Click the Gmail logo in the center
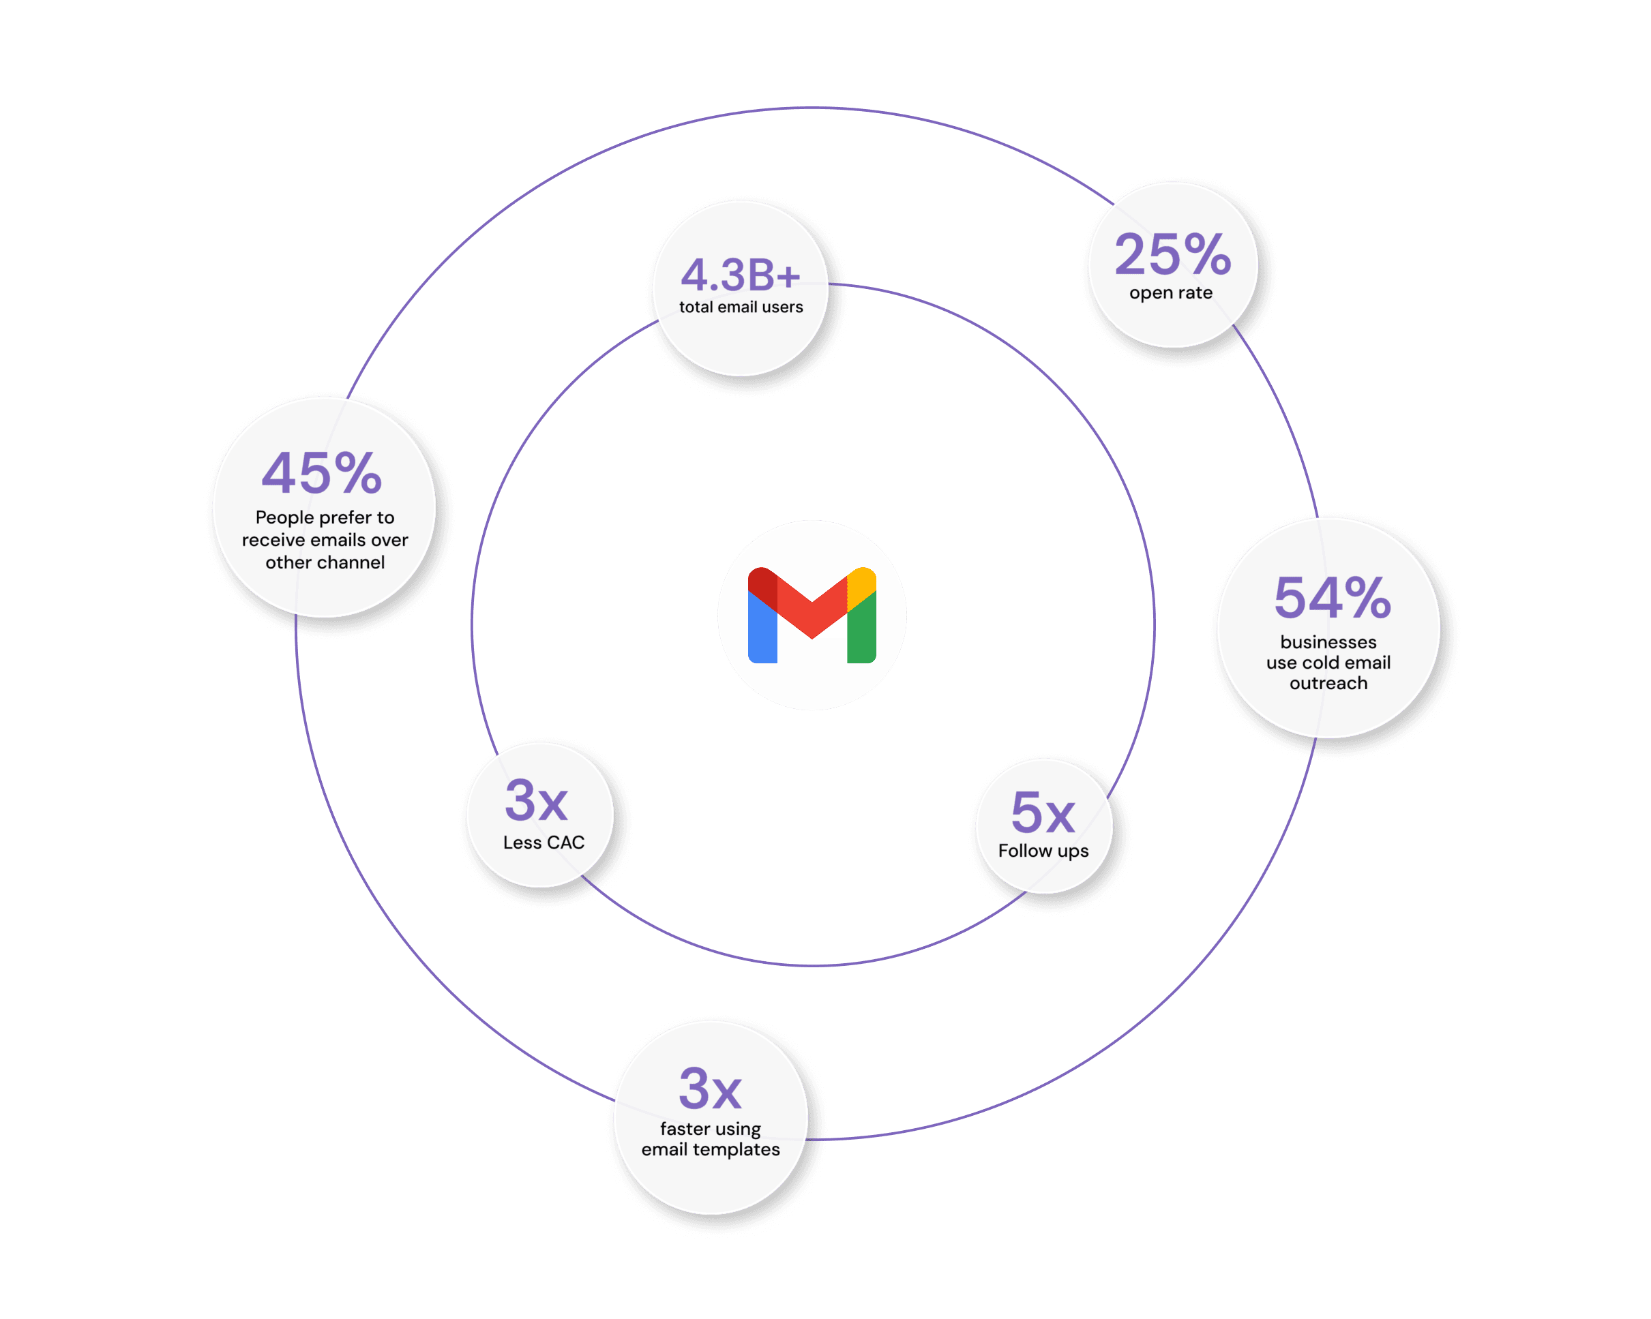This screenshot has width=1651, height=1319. click(812, 615)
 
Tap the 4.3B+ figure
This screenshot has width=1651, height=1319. click(741, 275)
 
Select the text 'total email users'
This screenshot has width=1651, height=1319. click(741, 307)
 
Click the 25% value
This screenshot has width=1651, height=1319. click(1172, 255)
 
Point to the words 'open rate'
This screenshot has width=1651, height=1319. click(1171, 292)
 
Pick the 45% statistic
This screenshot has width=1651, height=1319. click(322, 473)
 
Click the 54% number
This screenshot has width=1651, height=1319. click(1333, 598)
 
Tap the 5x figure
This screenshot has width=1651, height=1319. click(1043, 813)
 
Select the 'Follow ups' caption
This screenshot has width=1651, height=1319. click(1043, 851)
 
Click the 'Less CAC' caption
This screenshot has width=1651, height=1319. click(544, 842)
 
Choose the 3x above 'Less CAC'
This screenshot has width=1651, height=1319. click(536, 801)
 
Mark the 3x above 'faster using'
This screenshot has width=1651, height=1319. click(710, 1089)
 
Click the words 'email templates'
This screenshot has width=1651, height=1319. click(711, 1149)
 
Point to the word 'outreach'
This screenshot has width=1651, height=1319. click(1328, 683)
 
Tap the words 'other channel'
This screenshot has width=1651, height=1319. click(325, 562)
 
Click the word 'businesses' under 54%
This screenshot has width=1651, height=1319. click(1328, 641)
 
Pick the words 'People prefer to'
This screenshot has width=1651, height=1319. click(325, 517)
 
